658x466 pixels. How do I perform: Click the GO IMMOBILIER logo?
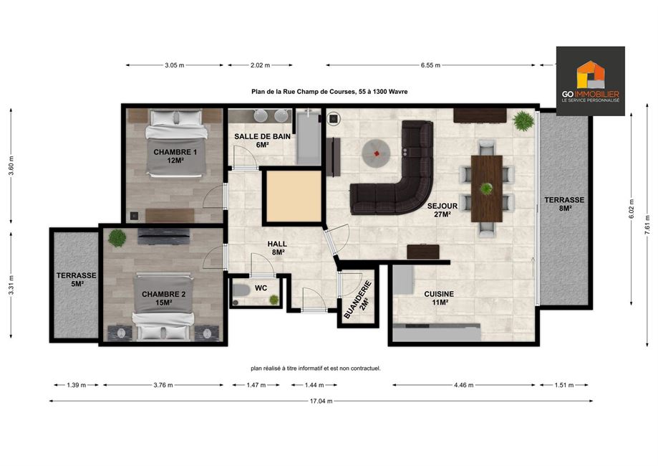[x=591, y=81]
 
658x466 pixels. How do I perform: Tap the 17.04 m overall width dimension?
[x=321, y=401]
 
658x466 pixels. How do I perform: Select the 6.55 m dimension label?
[x=430, y=65]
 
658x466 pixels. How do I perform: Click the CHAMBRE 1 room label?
[x=175, y=156]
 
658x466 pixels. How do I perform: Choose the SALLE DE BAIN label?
[x=262, y=141]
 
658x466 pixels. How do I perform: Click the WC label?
[x=261, y=287]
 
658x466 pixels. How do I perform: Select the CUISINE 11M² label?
[x=439, y=298]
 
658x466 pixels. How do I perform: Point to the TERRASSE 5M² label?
[x=77, y=280]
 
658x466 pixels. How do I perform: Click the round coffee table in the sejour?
[x=377, y=154]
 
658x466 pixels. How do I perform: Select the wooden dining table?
[x=487, y=189]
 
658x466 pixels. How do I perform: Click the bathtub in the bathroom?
[x=309, y=137]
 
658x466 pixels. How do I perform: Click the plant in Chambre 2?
[x=117, y=238]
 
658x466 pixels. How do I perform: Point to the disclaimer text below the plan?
[x=316, y=368]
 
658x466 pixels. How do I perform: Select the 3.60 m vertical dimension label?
[x=11, y=166]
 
